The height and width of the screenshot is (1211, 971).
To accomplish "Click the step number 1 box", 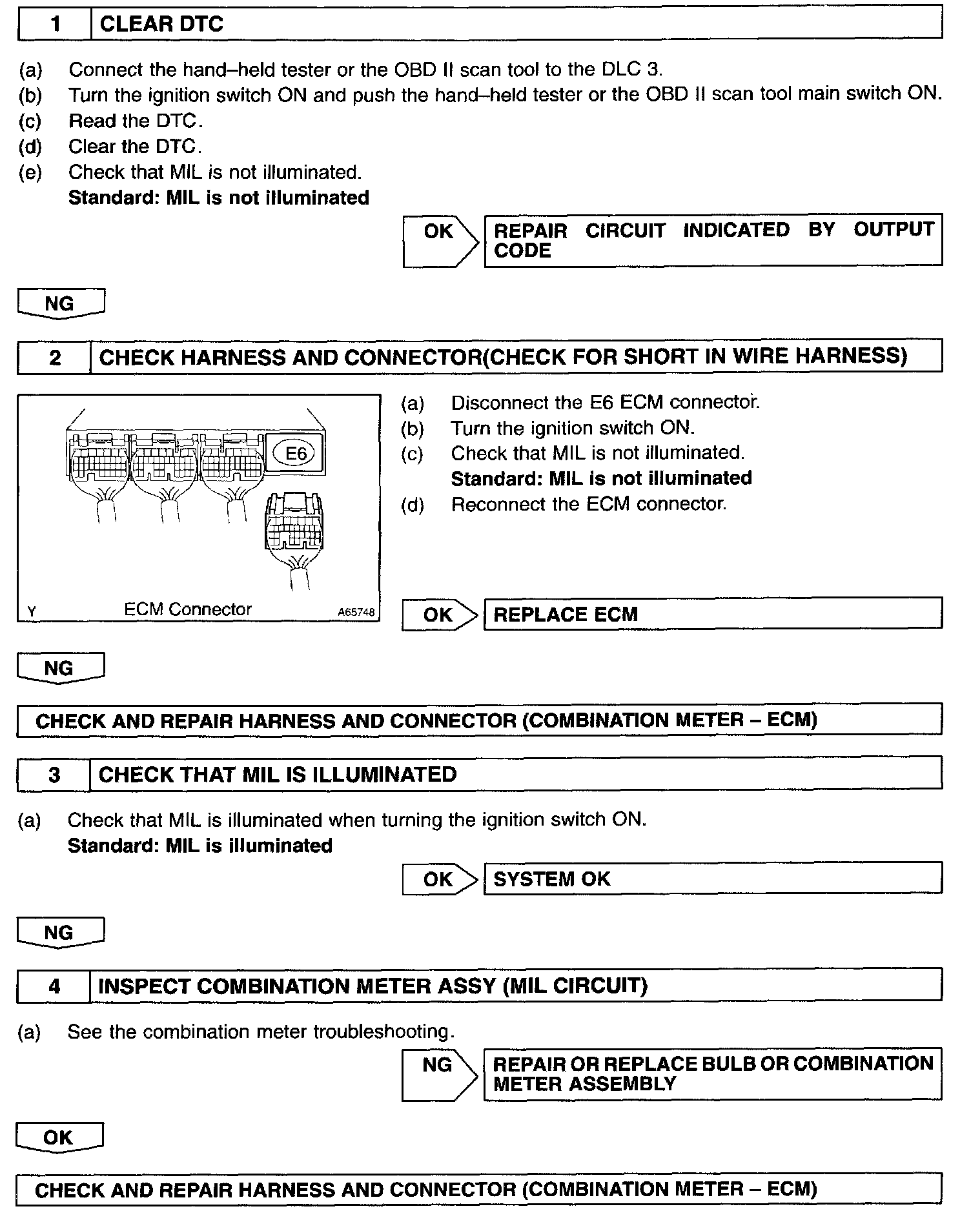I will pos(55,25).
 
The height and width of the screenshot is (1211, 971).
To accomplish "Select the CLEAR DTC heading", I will pos(161,25).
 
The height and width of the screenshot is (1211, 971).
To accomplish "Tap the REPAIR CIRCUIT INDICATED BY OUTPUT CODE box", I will pos(713,239).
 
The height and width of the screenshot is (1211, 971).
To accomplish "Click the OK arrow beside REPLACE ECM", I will pos(439,615).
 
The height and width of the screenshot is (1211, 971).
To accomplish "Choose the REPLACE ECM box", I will pos(713,613).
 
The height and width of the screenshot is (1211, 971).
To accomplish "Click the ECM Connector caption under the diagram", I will pos(187,609).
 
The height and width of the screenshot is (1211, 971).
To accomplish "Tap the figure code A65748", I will pos(356,612).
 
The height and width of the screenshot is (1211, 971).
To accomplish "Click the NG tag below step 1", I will pos(60,303).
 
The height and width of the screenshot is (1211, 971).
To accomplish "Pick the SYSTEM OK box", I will pos(713,879).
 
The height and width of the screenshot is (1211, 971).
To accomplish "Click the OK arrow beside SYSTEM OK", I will pos(439,879).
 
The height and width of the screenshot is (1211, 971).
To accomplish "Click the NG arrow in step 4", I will pos(439,1074).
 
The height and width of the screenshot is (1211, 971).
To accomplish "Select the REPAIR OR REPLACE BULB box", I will pos(713,1074).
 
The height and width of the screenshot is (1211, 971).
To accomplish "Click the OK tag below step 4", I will pos(59,1137).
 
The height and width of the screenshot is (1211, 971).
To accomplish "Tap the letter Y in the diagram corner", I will pos(31,611).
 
